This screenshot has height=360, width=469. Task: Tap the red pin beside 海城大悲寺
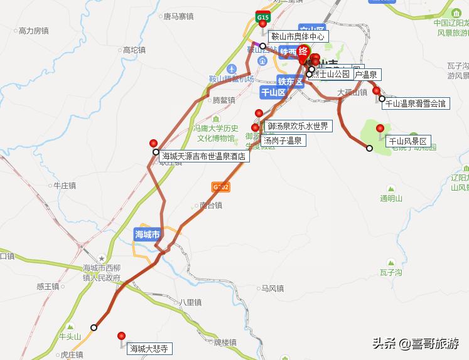pos(121,337)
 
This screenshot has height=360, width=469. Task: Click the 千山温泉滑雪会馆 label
pos(415,103)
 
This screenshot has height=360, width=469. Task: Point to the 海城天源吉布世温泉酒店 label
pos(203,157)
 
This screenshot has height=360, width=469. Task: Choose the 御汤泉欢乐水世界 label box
pos(298,126)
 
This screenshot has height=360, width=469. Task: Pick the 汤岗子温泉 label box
pos(282,140)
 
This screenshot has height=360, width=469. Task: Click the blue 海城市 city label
pos(148,234)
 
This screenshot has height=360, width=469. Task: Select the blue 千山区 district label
pos(273,92)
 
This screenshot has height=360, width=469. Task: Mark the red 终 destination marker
pos(303,51)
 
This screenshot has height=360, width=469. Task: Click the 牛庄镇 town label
pos(64,186)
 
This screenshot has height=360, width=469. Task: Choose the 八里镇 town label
pos(190,302)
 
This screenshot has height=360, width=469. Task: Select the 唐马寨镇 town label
pos(178,17)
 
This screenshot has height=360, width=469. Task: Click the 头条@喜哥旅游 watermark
pos(416,344)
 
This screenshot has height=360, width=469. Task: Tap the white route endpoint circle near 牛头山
pos(94,327)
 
